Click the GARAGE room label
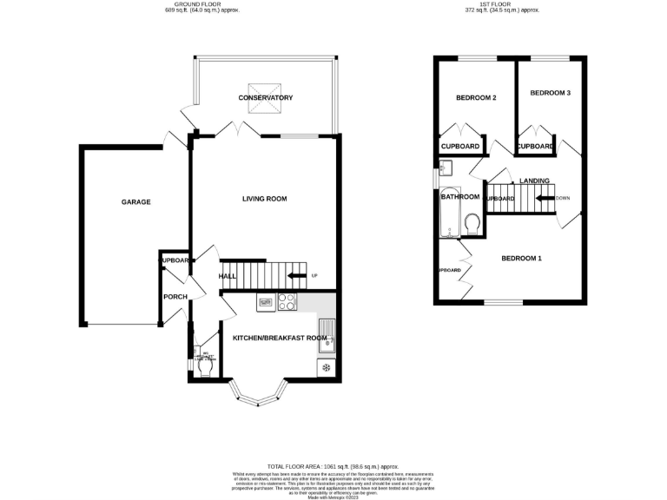click(135, 202)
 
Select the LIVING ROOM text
click(264, 199)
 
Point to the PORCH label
click(175, 297)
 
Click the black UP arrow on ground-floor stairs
click(297, 276)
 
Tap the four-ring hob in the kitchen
click(287, 302)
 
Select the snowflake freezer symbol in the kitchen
click(326, 368)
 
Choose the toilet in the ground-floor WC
click(206, 368)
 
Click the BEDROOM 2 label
click(476, 98)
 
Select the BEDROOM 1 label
click(521, 258)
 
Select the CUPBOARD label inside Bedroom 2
click(460, 147)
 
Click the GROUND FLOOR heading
click(203, 4)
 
